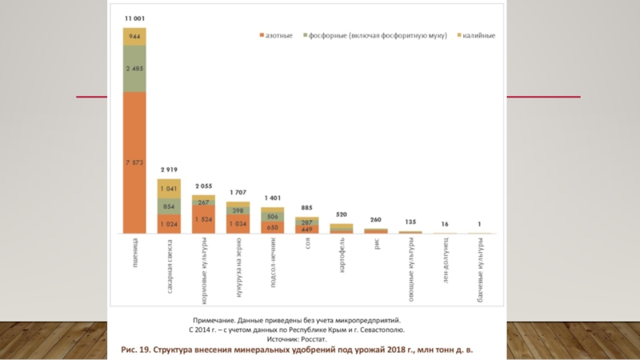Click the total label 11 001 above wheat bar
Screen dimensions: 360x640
pos(134,18)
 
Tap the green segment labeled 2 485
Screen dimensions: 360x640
pos(134,69)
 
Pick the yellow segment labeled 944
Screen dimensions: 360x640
pos(134,36)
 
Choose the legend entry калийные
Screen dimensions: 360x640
pos(477,35)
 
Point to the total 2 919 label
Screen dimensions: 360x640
pos(169,170)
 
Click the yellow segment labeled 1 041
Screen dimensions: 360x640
pos(169,189)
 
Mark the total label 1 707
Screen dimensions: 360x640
pos(238,193)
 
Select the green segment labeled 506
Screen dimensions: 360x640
pos(272,215)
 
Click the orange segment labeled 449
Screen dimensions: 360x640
pos(306,229)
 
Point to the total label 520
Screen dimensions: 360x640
pos(341,215)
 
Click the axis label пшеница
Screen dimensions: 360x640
pos(134,250)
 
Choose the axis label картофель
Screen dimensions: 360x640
pos(342,254)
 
